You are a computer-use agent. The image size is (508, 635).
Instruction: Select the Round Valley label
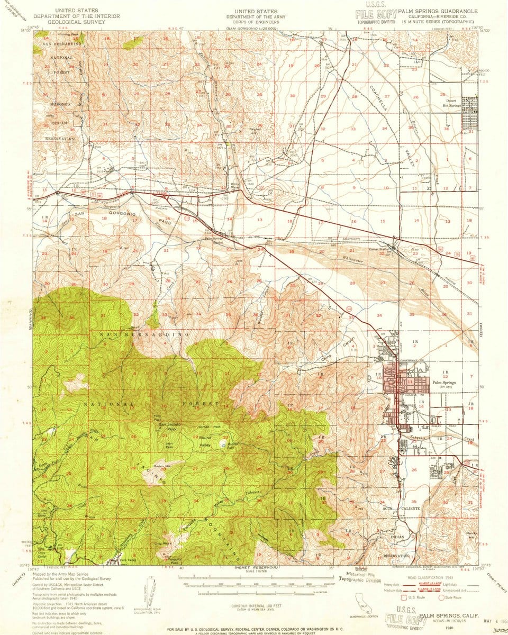coord(205,442)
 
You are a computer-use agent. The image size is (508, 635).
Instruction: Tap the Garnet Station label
coord(379,249)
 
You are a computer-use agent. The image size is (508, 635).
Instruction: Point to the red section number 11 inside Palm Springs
coord(410,381)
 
